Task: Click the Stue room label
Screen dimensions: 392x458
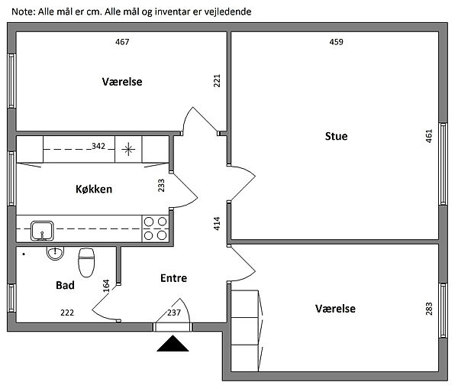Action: tap(336, 136)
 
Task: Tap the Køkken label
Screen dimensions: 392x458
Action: tap(94, 189)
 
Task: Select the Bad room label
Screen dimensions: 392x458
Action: tap(65, 285)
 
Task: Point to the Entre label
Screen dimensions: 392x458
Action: tap(173, 278)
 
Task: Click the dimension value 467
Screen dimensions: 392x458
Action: tap(122, 42)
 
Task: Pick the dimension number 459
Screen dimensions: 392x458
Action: tap(336, 42)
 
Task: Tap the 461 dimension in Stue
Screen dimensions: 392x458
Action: tap(429, 136)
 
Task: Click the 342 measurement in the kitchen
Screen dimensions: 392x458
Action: tap(98, 145)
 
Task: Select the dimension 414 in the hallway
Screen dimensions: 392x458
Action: tap(217, 223)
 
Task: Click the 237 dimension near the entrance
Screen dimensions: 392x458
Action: tap(173, 312)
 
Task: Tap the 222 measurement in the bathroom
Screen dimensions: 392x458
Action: tap(68, 312)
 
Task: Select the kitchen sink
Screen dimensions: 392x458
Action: tap(41, 228)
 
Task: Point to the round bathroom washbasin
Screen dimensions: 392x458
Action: tap(55, 253)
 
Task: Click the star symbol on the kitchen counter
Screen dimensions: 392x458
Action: tap(127, 147)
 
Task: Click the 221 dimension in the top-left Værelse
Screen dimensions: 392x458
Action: tap(217, 80)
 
